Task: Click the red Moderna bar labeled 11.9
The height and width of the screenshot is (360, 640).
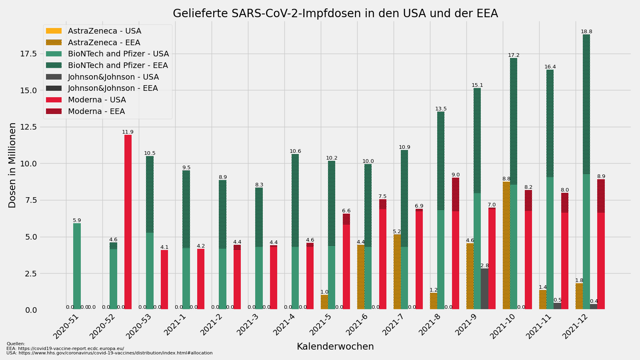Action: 128,222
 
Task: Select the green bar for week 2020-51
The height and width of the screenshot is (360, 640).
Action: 77,266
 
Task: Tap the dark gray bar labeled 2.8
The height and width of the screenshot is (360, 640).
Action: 484,288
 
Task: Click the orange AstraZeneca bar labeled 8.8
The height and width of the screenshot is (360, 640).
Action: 506,245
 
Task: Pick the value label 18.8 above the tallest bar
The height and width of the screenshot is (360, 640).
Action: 586,32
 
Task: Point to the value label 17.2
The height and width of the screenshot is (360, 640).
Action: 514,55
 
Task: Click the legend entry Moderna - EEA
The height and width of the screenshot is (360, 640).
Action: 96,112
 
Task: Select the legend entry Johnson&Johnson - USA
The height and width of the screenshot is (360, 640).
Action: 113,77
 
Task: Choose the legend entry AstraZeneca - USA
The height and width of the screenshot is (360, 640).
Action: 104,31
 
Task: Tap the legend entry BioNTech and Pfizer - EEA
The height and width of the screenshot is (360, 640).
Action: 118,66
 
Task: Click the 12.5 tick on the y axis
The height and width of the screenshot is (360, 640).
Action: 28,127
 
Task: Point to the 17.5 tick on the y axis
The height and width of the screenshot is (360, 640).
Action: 28,54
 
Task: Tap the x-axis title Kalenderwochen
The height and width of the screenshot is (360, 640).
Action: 335,347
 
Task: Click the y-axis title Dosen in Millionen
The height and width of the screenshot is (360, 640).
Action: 12,165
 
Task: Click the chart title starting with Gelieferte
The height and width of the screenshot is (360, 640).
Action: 335,14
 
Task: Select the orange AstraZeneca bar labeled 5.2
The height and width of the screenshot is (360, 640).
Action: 397,272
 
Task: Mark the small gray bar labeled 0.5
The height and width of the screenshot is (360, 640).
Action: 557,306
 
